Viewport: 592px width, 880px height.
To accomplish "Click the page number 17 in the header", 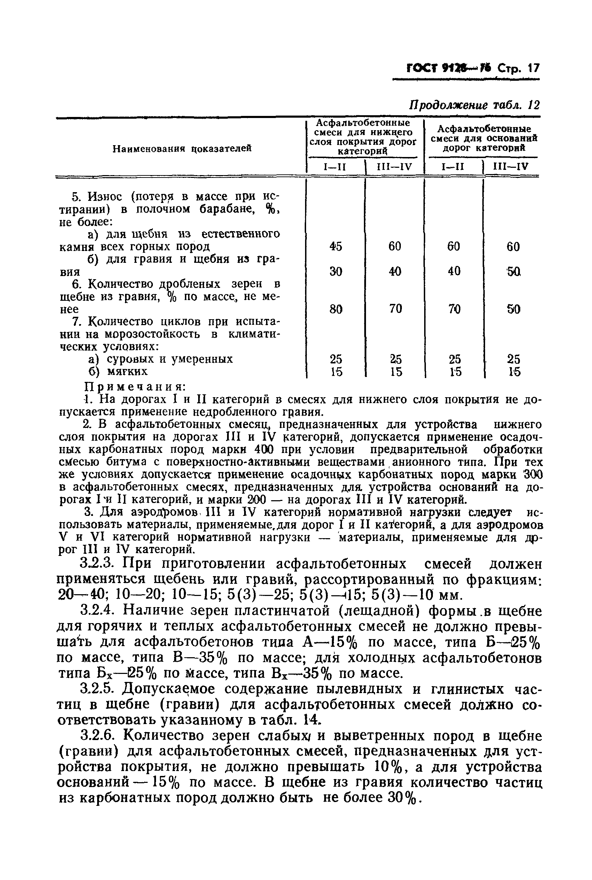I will tap(534, 68).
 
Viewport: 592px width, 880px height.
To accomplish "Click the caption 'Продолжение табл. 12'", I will tap(475, 105).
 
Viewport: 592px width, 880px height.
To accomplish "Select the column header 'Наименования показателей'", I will tap(182, 149).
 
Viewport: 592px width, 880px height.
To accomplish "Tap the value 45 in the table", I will tap(335, 246).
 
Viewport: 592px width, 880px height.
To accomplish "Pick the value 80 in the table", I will tap(335, 309).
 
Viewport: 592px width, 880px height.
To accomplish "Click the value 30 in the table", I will tap(335, 271).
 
